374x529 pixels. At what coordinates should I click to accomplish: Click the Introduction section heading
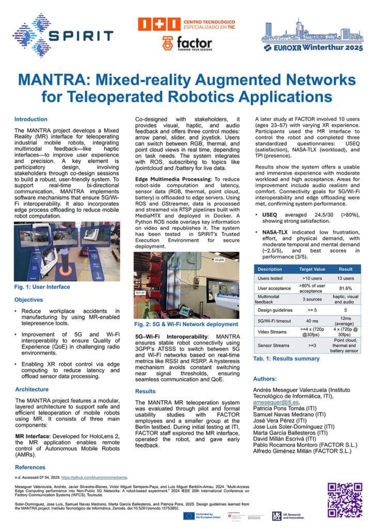point(30,119)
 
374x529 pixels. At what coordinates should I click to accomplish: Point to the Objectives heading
point(29,300)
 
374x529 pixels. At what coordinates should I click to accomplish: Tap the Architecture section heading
point(32,389)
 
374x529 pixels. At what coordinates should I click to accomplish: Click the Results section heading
point(145,392)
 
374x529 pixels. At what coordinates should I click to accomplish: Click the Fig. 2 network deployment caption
point(186,324)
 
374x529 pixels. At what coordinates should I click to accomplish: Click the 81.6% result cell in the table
point(345,288)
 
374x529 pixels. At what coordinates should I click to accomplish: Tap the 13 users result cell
point(345,278)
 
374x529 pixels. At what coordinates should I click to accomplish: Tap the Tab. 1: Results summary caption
point(286,359)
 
